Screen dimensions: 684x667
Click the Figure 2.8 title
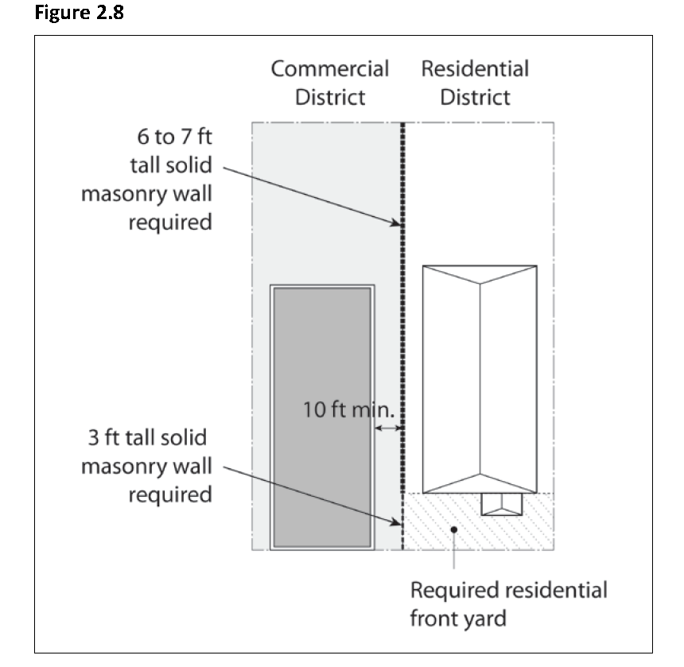(79, 14)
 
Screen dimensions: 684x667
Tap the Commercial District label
(330, 83)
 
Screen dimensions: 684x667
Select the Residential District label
(475, 83)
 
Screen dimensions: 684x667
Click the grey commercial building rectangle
(322, 417)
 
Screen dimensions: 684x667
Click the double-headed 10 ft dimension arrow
(389, 428)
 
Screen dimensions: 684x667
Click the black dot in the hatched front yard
(453, 527)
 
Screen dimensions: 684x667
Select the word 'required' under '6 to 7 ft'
(171, 222)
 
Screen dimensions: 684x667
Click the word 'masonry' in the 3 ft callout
(123, 466)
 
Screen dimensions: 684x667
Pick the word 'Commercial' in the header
(330, 68)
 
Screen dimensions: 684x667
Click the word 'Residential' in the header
(475, 68)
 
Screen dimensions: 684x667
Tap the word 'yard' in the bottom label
(484, 619)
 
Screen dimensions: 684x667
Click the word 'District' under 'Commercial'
(330, 98)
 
